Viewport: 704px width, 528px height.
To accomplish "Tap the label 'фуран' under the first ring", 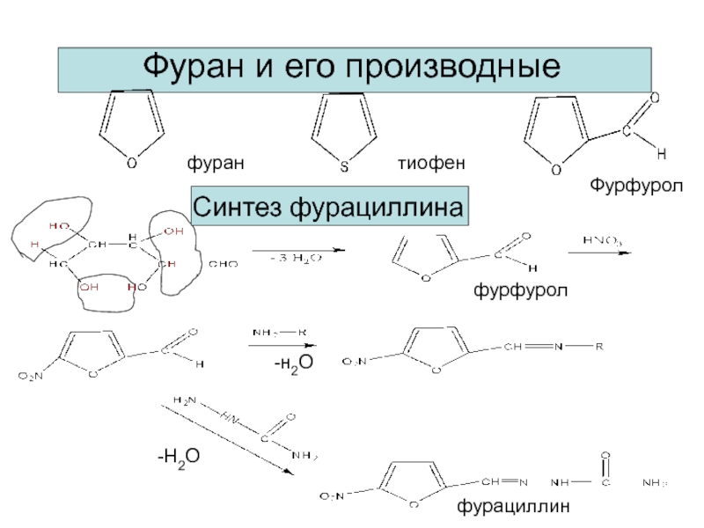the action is point(214,164).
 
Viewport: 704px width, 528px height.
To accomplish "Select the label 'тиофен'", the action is point(430,164).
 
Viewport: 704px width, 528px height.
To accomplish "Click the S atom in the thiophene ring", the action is point(344,166).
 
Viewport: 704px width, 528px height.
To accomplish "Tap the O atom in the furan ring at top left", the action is point(131,164).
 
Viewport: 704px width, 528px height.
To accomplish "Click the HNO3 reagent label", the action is point(599,238).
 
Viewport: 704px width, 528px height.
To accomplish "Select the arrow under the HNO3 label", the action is point(600,253).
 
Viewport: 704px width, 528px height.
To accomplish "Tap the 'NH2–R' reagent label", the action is point(279,333).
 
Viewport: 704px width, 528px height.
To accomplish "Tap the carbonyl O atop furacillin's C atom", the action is point(605,455).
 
